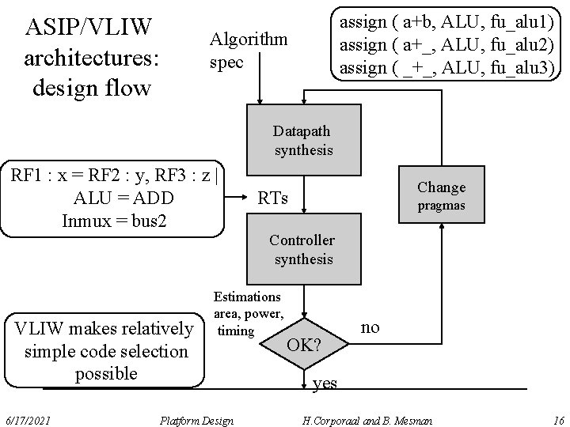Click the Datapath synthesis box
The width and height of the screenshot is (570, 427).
(302, 139)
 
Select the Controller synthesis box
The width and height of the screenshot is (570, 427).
(302, 249)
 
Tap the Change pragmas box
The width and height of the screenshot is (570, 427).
(441, 195)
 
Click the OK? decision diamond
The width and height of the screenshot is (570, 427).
(304, 345)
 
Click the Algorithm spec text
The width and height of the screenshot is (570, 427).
(248, 50)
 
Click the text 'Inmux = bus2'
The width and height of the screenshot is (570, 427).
(114, 219)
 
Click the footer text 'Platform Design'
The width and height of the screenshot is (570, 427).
(196, 418)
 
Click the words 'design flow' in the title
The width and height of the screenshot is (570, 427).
(91, 86)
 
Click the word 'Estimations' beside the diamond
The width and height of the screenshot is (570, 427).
(246, 297)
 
